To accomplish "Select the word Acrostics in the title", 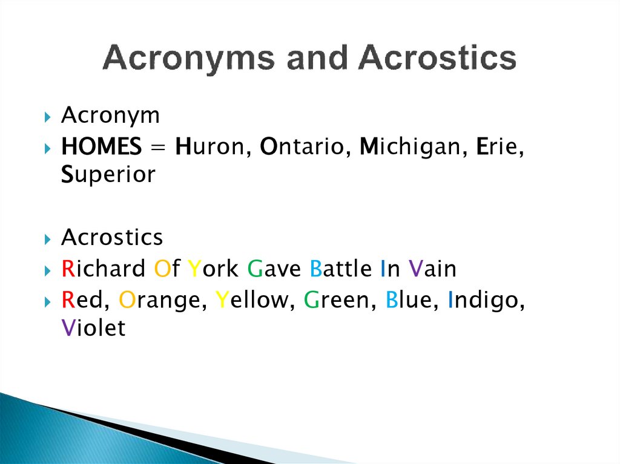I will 437,59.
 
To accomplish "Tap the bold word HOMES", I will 102,146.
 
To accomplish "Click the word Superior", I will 108,175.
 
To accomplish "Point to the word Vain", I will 432,269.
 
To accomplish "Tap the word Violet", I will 93,328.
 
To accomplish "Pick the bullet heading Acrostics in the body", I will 112,238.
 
